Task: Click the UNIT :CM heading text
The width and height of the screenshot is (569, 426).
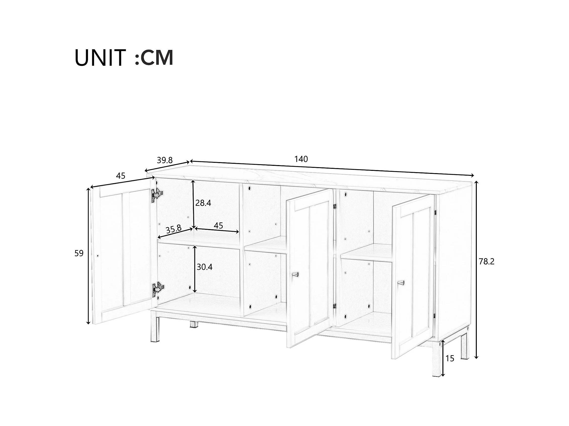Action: pyautogui.click(x=124, y=58)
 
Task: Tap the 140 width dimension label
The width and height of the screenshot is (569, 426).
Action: pyautogui.click(x=301, y=159)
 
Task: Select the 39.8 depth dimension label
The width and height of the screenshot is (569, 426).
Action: pyautogui.click(x=165, y=160)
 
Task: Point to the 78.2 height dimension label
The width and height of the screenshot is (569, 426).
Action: pyautogui.click(x=487, y=262)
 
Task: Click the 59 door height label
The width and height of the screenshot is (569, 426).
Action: pyautogui.click(x=79, y=253)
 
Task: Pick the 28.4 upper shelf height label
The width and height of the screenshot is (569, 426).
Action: pyautogui.click(x=203, y=203)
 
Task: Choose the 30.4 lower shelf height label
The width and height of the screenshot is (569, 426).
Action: pyautogui.click(x=204, y=267)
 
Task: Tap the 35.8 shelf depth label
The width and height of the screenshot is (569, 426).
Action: pyautogui.click(x=174, y=229)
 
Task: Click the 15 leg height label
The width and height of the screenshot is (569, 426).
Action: pyautogui.click(x=450, y=359)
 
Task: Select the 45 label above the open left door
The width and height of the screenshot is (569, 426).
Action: pyautogui.click(x=121, y=176)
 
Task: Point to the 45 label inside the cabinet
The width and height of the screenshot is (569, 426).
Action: pyautogui.click(x=218, y=226)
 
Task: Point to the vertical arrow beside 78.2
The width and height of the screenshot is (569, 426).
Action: pyautogui.click(x=476, y=270)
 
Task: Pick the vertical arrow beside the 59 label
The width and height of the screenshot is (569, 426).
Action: pyautogui.click(x=89, y=256)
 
